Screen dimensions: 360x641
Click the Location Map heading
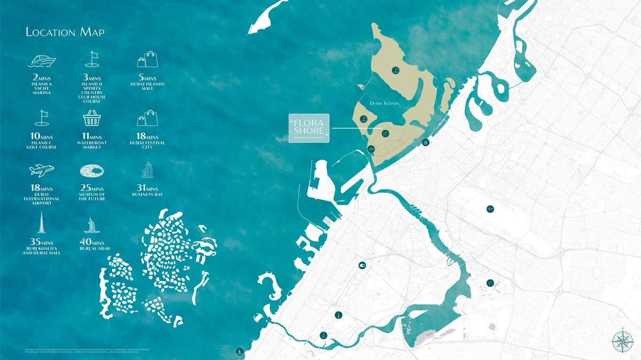click(65, 33)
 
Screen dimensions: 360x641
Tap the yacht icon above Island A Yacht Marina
click(41, 60)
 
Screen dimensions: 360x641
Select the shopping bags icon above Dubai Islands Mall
click(147, 59)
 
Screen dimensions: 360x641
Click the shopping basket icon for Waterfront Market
click(92, 119)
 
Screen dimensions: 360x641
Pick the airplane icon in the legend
click(41, 170)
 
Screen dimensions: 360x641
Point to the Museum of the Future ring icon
click(92, 171)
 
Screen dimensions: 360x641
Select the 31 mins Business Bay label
click(147, 191)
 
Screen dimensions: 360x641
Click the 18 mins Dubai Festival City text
click(147, 142)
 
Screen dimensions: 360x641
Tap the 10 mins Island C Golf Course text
click(41, 142)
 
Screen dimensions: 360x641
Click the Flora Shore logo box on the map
click(309, 128)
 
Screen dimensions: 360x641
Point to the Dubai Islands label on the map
click(384, 104)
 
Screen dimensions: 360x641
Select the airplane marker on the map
click(490, 209)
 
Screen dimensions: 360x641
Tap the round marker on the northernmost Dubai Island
click(395, 69)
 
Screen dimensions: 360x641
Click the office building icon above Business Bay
click(147, 170)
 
